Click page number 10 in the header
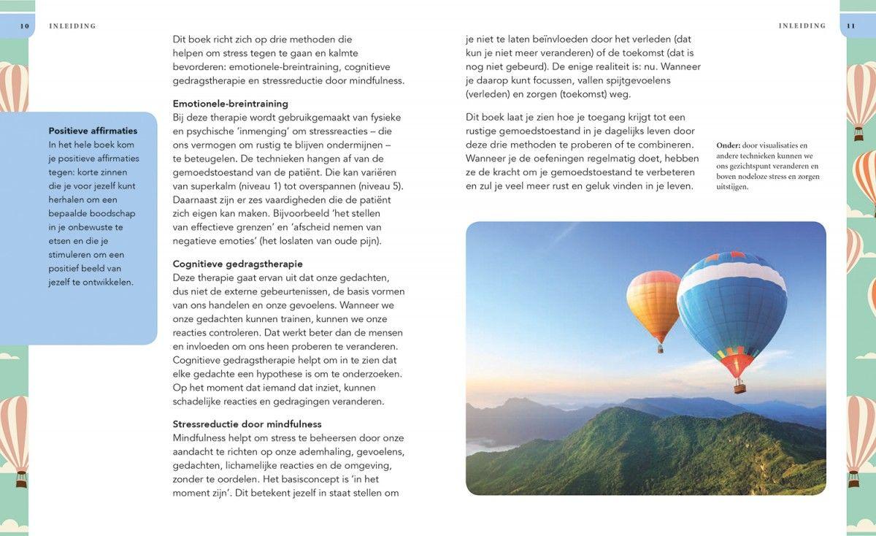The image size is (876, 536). [x=24, y=26]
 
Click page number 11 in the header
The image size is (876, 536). [x=850, y=26]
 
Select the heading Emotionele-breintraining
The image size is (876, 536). [x=230, y=104]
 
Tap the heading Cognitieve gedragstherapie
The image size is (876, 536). [x=237, y=264]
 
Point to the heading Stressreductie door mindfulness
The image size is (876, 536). [x=247, y=424]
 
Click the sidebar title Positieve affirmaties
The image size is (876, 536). [x=93, y=131]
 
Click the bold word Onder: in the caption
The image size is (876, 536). [x=729, y=145]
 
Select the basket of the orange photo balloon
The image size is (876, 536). [x=660, y=348]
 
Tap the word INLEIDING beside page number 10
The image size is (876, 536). [x=72, y=26]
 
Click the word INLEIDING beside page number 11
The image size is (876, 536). [x=802, y=26]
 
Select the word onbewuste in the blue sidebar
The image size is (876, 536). [x=90, y=227]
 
